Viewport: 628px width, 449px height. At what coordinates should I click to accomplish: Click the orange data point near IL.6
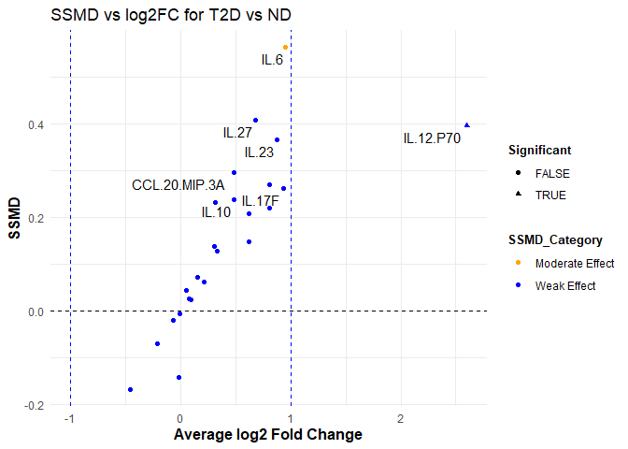point(286,47)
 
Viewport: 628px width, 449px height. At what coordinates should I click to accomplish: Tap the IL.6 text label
point(272,60)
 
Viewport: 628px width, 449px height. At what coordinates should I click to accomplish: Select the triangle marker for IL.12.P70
point(467,125)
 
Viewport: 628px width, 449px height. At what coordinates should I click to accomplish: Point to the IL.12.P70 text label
point(432,138)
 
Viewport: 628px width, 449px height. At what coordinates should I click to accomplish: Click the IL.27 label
point(237,133)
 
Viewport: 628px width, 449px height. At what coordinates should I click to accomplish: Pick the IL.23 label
point(259,152)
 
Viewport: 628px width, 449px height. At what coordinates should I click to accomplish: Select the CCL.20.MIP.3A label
point(178,185)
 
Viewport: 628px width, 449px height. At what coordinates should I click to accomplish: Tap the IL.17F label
point(260,201)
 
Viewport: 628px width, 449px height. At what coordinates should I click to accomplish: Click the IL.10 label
point(216,212)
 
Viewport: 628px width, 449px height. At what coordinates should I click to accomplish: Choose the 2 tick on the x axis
point(401,418)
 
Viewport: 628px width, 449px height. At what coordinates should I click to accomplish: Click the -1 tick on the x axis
point(69,418)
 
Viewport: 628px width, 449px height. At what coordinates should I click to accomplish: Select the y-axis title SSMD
point(16,218)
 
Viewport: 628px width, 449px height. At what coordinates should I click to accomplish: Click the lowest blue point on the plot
point(130,389)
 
